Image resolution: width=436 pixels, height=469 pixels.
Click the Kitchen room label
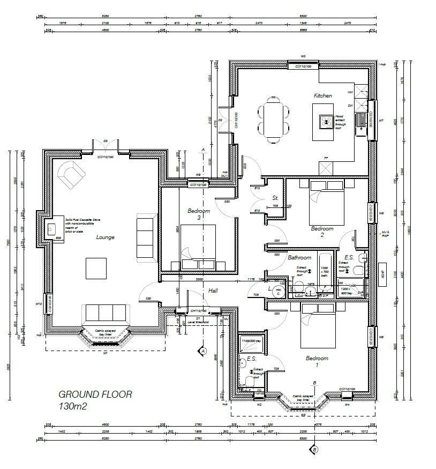click(322, 95)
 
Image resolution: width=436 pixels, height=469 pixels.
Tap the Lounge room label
click(105, 237)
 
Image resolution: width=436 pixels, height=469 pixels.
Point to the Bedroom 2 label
click(322, 232)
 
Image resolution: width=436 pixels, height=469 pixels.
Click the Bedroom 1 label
click(316, 361)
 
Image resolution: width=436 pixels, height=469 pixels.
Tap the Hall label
click(213, 290)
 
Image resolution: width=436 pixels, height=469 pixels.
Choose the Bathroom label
click(299, 258)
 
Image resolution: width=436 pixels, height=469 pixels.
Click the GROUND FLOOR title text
click(95, 394)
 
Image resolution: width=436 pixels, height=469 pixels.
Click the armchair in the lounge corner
click(71, 175)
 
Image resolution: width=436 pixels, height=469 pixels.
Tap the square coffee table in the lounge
click(96, 268)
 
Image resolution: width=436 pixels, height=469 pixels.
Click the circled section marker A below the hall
click(202, 351)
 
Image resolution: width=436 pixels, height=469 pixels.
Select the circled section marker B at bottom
click(314, 450)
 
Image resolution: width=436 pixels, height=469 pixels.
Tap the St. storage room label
click(275, 198)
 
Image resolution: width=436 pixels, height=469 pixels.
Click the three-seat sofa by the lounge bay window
click(105, 313)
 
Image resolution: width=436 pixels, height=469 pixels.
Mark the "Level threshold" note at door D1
click(199, 322)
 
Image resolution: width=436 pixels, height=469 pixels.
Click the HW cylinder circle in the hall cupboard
click(277, 292)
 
